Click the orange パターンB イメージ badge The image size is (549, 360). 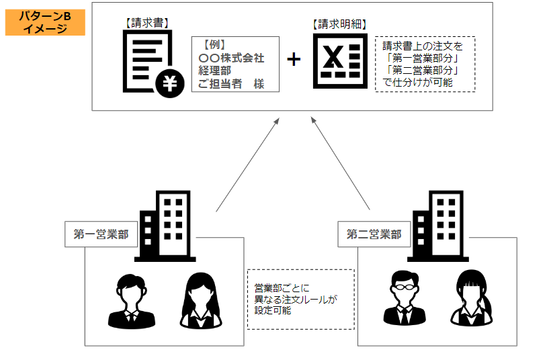[x=45, y=22]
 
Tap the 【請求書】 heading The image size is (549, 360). [x=147, y=22]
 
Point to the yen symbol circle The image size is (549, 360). [x=168, y=82]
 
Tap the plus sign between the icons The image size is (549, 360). [x=294, y=59]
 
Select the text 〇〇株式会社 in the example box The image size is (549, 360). [x=231, y=58]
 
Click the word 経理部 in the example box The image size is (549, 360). [x=214, y=71]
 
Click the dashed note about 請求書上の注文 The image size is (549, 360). [x=425, y=64]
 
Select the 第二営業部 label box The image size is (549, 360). [x=374, y=234]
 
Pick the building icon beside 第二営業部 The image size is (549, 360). [x=439, y=226]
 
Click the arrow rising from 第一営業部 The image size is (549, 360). [x=247, y=164]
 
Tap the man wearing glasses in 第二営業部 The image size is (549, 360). [x=402, y=298]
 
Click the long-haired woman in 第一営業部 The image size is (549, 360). [x=201, y=300]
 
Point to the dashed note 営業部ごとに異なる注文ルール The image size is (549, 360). [x=300, y=299]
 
